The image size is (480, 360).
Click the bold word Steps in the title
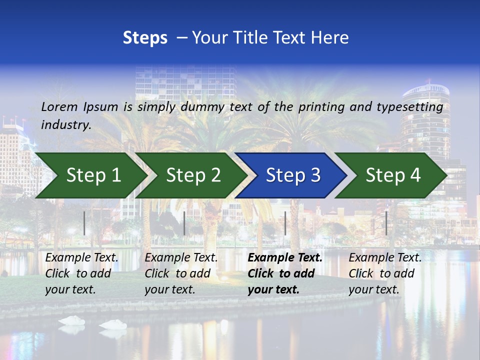[145, 38]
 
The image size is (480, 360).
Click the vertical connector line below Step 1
[84, 223]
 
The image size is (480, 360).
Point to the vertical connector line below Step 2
[184, 223]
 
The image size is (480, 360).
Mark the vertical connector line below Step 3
[285, 223]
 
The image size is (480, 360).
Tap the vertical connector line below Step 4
[386, 223]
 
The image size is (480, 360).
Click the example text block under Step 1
[81, 273]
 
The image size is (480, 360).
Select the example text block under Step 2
[181, 273]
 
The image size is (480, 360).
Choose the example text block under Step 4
[385, 273]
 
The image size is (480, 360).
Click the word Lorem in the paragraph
[59, 106]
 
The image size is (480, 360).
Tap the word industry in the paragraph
[65, 125]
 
